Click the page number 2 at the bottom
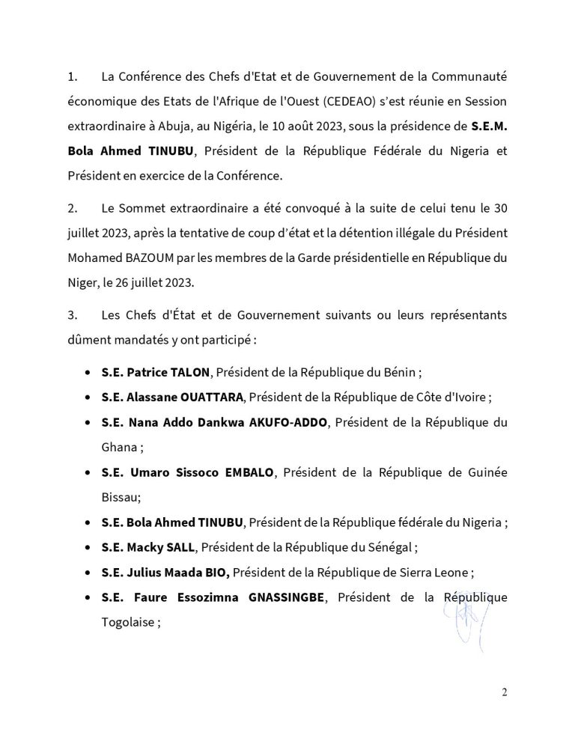click(504, 692)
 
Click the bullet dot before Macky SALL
click(88, 547)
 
